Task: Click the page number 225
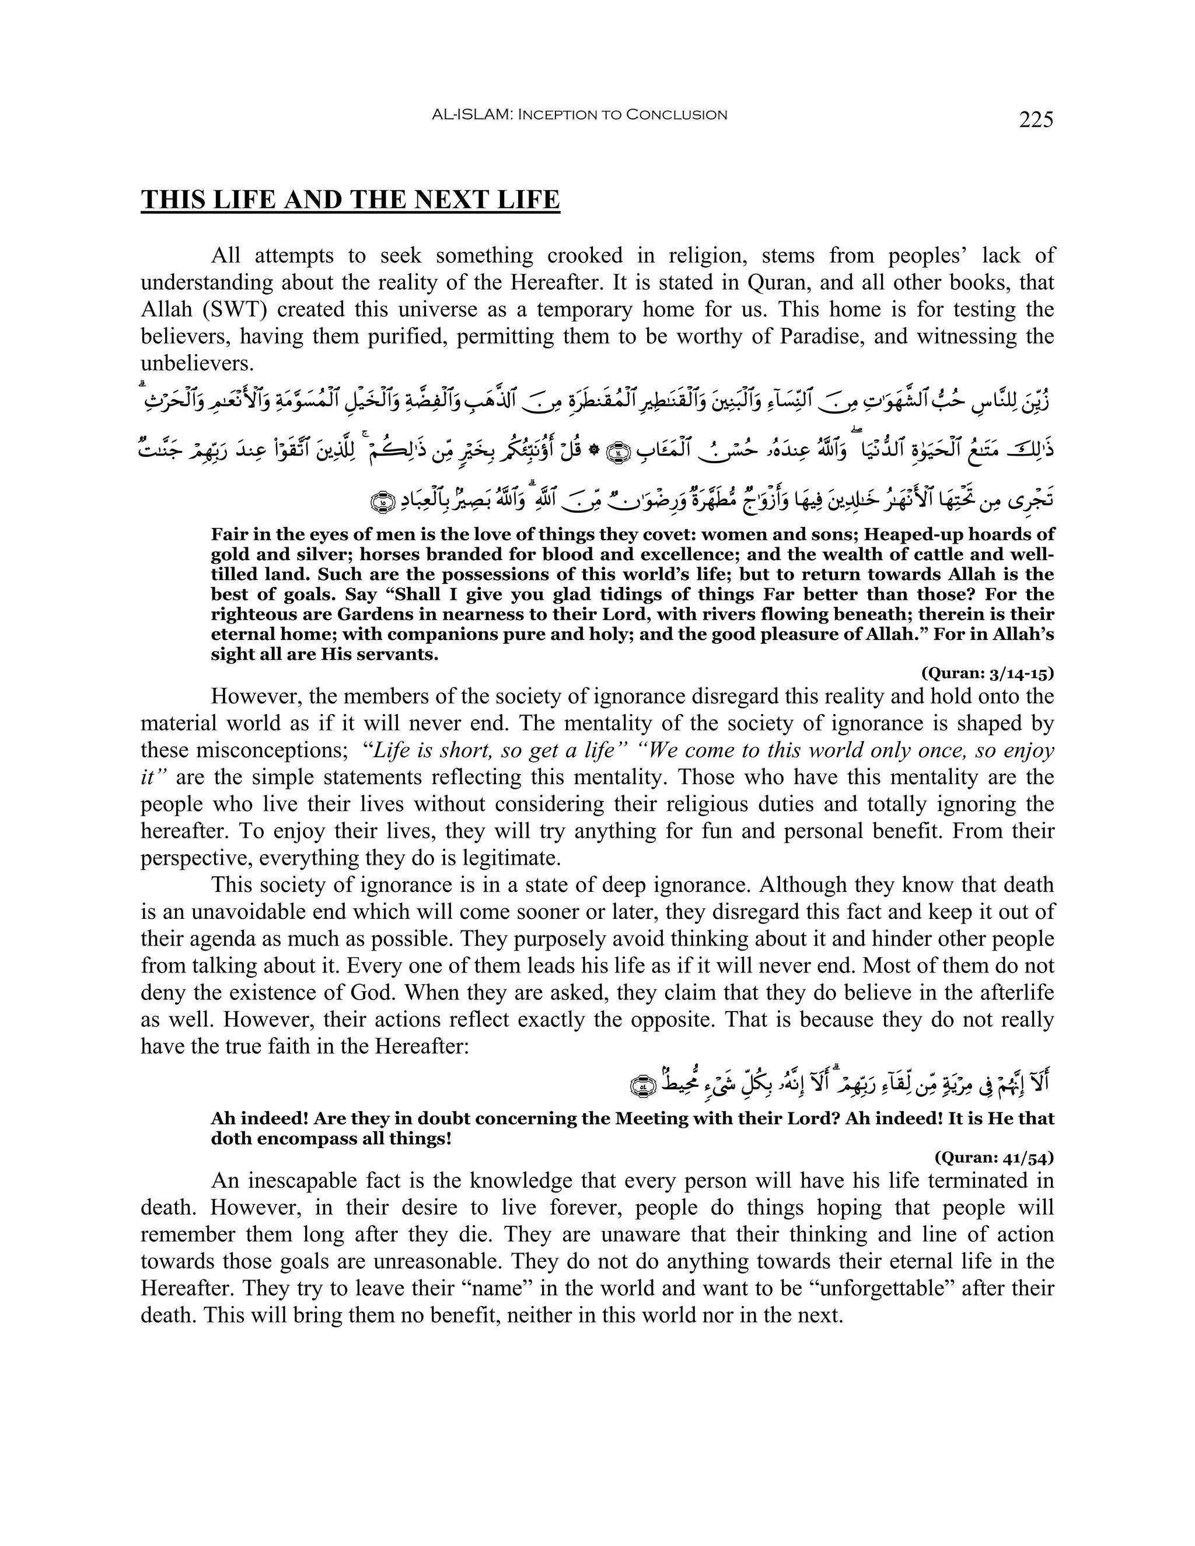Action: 1036,120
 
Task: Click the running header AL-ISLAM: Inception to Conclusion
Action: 579,115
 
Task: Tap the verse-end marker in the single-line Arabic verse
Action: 641,1085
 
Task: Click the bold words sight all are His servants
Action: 324,654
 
